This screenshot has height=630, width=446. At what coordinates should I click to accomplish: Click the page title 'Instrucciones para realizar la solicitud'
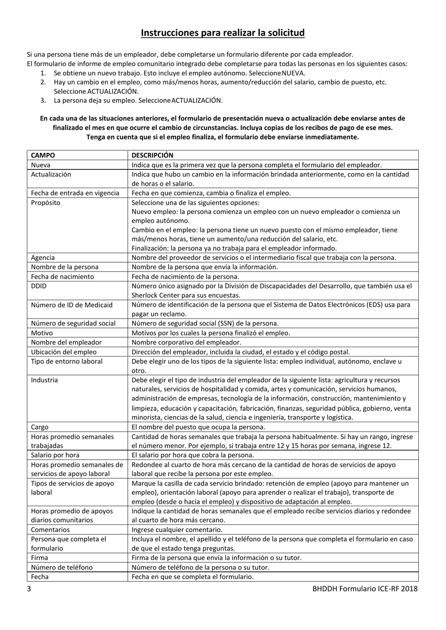pos(223,33)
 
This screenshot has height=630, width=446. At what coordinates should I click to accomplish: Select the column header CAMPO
pos(43,155)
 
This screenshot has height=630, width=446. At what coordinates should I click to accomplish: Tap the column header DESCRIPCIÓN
pos(152,155)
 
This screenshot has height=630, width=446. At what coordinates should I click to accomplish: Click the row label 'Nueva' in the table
pos(40,165)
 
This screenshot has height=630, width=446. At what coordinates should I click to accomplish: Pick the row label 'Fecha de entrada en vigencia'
pos(75,193)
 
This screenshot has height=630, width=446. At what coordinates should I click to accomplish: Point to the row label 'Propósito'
pos(46,203)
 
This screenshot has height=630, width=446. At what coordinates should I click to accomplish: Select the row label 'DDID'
pos(38,286)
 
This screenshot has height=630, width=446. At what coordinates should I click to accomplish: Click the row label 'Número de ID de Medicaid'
pos(72,305)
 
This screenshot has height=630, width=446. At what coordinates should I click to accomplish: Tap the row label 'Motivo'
pos(42,333)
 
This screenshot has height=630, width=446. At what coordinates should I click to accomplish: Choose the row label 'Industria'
pos(44,380)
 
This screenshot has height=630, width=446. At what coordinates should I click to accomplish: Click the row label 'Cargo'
pos(39,427)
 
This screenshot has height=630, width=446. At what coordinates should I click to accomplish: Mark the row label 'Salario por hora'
pos(55,455)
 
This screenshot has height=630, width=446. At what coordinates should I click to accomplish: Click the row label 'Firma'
pos(39,558)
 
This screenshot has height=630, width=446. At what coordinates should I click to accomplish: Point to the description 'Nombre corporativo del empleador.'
pos(186,342)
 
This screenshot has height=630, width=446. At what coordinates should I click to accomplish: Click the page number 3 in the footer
pos(29,589)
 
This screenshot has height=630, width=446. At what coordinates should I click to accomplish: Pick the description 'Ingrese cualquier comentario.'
pos(177,530)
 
